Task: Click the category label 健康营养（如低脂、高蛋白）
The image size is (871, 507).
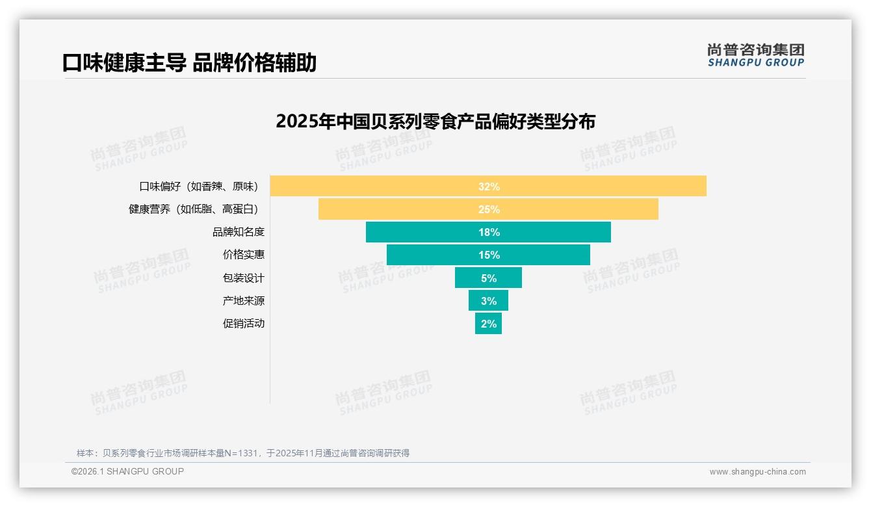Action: point(196,209)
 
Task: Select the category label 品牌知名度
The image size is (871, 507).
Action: point(239,232)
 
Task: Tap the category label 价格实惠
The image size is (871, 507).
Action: point(244,255)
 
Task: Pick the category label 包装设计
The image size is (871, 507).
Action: point(244,278)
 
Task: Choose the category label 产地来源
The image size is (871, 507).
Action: point(244,301)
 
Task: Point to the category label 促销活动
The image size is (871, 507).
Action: point(244,324)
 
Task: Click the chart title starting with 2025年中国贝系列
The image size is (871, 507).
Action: point(435,122)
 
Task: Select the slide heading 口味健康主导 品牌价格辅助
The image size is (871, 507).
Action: point(189,63)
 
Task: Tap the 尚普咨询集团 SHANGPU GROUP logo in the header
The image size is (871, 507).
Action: point(755,55)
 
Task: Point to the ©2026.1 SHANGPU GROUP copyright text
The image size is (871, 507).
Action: point(127,471)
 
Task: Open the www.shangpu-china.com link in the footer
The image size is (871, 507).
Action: point(757,472)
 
